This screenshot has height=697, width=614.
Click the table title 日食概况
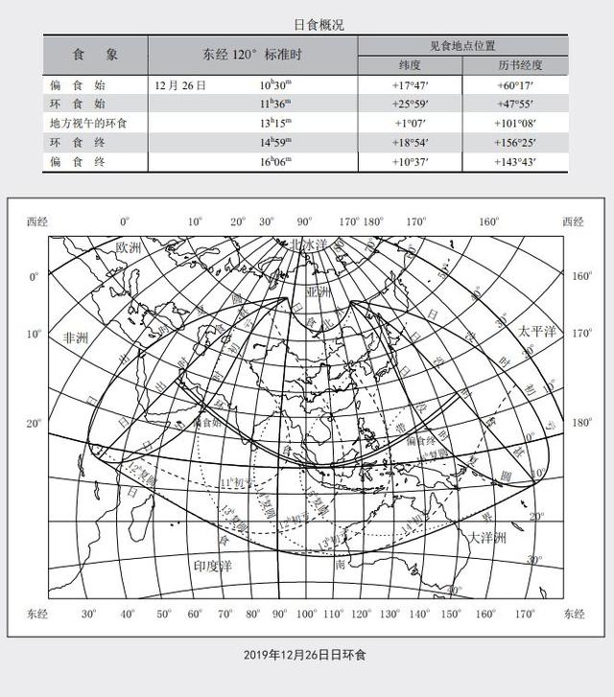tap(306, 24)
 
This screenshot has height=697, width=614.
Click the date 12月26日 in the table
tap(180, 85)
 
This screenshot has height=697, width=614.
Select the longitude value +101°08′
tap(513, 124)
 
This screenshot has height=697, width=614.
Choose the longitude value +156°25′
tap(513, 143)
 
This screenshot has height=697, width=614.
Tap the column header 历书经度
tap(514, 65)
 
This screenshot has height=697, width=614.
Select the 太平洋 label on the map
tap(537, 331)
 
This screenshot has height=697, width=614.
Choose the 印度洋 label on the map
tap(213, 567)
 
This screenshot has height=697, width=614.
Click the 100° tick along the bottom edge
tap(306, 614)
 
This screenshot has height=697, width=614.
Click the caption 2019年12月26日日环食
tap(306, 655)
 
